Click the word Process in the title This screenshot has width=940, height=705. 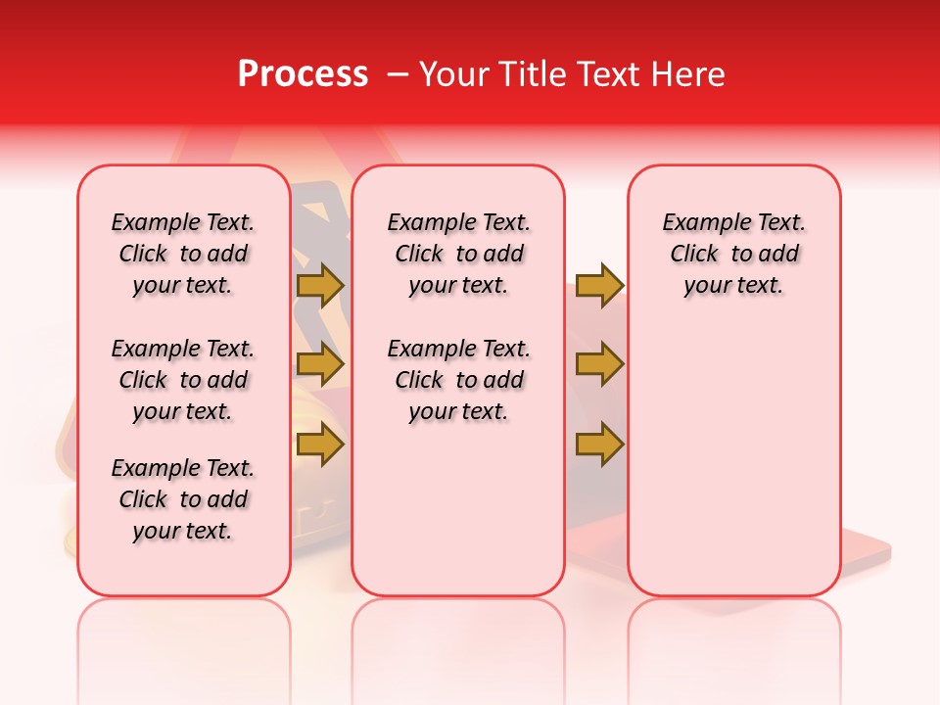coord(303,74)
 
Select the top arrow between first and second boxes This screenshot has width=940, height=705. coord(319,285)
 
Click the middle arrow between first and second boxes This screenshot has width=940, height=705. coord(319,365)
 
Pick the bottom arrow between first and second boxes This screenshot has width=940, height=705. coord(319,446)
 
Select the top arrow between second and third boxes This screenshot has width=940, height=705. coord(599,285)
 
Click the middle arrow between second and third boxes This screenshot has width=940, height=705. coord(599,365)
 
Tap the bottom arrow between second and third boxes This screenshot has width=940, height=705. coord(599,446)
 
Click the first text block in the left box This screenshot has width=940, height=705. coord(183,254)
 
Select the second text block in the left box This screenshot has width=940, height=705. coord(183,380)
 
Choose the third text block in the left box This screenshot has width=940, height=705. coord(183,499)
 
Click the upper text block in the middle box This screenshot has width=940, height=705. coord(458,254)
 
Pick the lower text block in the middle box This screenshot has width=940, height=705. coord(458,380)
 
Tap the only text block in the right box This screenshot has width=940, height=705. coord(733,254)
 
